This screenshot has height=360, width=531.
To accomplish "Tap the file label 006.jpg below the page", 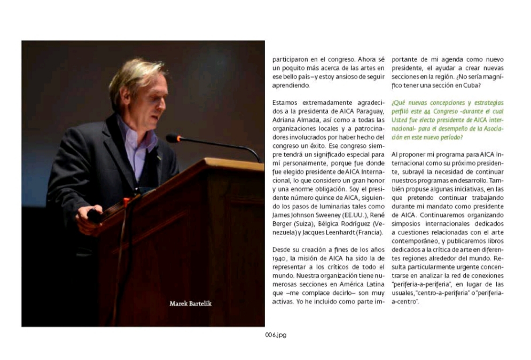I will [x=276, y=335].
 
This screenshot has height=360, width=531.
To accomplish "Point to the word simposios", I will [x=407, y=224].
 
